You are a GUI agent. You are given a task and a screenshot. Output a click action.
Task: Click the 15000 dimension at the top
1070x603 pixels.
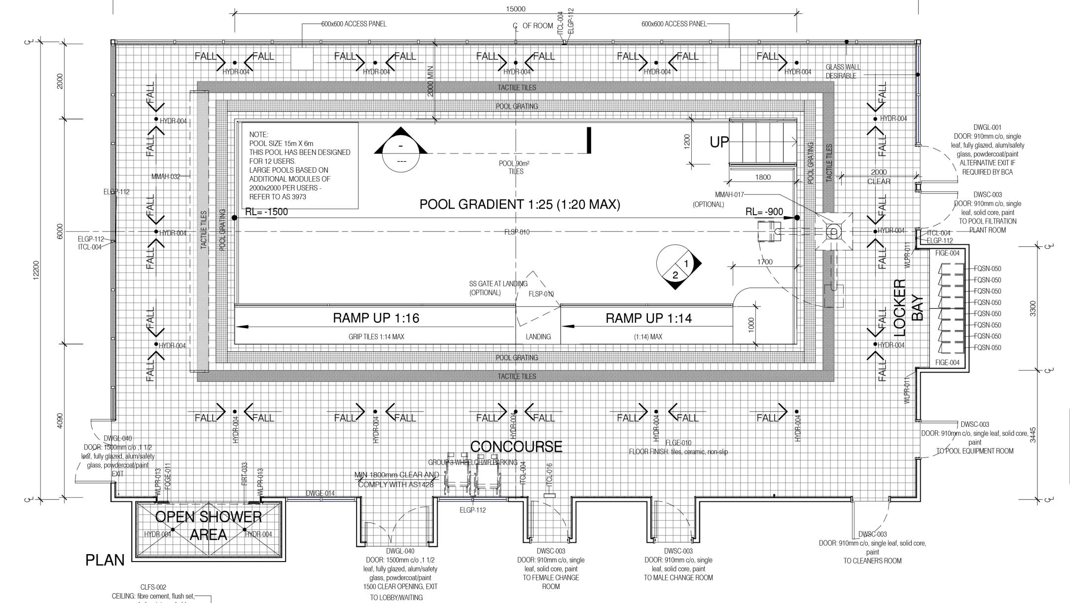(515, 9)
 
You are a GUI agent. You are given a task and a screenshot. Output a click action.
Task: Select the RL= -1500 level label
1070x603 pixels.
(266, 212)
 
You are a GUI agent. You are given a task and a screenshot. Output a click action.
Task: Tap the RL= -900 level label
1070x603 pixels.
(764, 212)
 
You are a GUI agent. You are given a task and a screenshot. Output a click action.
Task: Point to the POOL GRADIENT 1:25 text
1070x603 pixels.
(519, 204)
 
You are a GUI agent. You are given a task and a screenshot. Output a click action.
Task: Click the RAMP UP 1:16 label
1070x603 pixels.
(376, 318)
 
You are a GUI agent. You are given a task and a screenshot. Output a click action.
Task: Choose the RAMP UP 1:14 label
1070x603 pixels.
(648, 318)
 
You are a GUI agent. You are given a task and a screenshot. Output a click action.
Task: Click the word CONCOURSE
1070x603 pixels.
(516, 447)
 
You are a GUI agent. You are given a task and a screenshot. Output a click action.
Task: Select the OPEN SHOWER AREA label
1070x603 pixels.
(209, 526)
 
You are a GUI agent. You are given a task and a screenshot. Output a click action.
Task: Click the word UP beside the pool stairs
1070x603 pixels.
(719, 142)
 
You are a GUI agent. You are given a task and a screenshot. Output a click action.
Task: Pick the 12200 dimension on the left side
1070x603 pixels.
(36, 270)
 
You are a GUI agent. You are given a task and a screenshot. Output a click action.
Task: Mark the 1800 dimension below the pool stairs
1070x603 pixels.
(762, 177)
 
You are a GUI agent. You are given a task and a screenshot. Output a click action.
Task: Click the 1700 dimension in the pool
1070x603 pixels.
(764, 262)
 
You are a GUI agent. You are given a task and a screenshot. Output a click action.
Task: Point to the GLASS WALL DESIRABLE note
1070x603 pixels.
(842, 71)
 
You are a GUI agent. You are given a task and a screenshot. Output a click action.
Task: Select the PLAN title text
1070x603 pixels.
(105, 561)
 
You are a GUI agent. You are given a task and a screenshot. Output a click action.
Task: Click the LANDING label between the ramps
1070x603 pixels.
(538, 337)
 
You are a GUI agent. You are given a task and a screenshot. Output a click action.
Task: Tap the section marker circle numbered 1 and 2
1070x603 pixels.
(676, 267)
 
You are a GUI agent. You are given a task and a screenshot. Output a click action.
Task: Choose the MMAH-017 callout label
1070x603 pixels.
(729, 195)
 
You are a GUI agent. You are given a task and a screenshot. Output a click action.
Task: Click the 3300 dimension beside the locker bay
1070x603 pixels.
(1033, 308)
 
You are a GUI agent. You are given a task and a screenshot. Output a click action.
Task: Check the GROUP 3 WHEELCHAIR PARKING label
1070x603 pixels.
(472, 463)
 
